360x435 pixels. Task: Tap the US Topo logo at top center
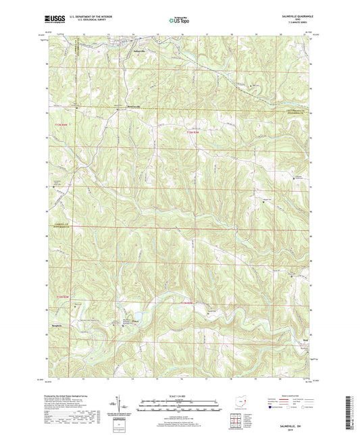(x=180, y=20)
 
